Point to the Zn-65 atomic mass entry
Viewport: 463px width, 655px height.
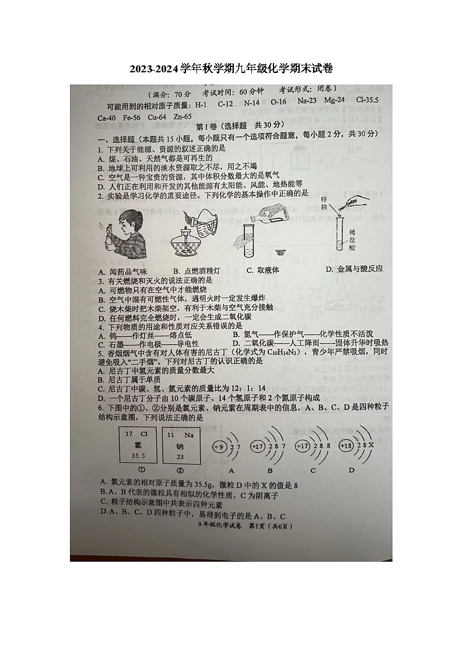click(178, 117)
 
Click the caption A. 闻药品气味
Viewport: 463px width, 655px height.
click(124, 271)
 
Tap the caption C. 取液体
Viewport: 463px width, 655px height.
click(262, 270)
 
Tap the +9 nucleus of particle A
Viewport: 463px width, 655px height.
click(220, 447)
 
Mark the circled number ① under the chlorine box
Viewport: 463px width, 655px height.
click(141, 470)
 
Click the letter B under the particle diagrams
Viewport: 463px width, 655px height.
click(270, 470)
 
